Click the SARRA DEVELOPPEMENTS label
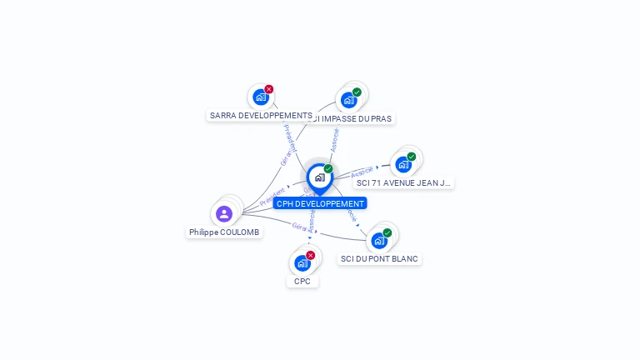[261, 116]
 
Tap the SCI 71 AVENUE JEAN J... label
[403, 182]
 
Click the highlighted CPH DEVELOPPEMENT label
[320, 203]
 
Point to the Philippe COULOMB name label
[224, 232]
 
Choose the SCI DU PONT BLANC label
[380, 259]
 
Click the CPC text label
[302, 282]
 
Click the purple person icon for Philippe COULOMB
[224, 214]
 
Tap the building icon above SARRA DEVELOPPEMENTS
[261, 97]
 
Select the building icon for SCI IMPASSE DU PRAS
[349, 100]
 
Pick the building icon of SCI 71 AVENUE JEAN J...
[403, 164]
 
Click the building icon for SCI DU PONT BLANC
[379, 241]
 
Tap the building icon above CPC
[302, 263]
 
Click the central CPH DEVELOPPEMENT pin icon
[319, 177]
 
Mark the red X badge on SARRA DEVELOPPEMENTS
[269, 89]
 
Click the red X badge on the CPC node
[311, 255]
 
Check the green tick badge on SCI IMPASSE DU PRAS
[357, 92]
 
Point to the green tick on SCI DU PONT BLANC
[387, 232]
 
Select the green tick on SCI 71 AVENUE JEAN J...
[412, 157]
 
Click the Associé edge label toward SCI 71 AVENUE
[362, 172]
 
